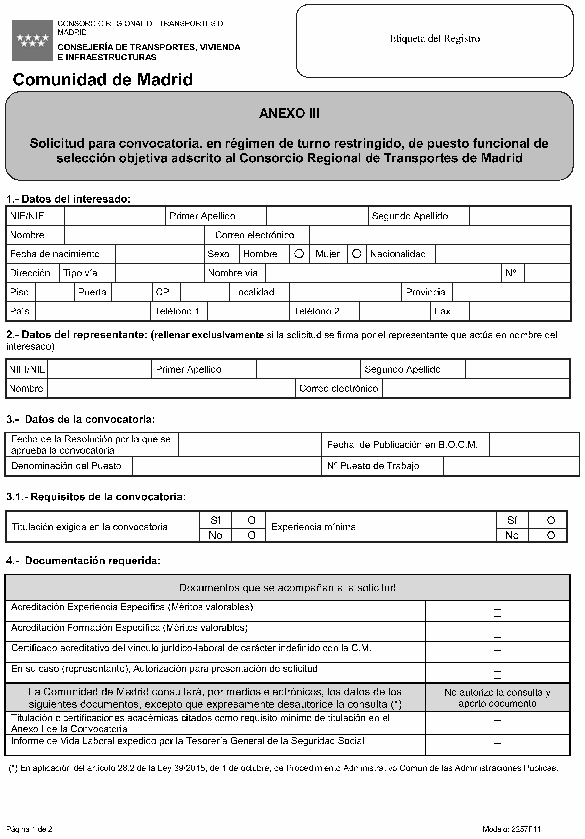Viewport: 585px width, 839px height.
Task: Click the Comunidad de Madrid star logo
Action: coord(32,40)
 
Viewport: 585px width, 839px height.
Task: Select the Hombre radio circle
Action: coord(299,254)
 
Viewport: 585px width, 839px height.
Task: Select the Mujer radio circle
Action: coord(357,254)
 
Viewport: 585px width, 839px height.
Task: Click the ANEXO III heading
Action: coord(289,114)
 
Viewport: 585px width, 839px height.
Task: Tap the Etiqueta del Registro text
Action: coord(434,38)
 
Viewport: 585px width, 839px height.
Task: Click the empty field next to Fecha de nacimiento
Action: coord(159,254)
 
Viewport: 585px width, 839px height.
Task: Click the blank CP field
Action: coord(205,292)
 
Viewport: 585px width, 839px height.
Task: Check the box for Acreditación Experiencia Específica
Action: coord(497,613)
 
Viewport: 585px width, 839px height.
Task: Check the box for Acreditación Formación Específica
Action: coord(497,633)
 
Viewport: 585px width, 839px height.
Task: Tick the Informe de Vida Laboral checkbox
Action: coord(497,747)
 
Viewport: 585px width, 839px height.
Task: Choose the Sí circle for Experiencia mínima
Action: coord(551,520)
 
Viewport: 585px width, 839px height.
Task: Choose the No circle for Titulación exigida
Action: coord(251,535)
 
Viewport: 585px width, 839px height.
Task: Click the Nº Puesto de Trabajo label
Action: coord(373,465)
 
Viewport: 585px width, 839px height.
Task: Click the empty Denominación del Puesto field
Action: coord(226,465)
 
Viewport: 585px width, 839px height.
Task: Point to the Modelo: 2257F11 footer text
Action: coord(511,829)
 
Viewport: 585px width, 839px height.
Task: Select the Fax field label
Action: coord(442,311)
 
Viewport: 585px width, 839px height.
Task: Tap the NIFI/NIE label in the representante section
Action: coord(27,369)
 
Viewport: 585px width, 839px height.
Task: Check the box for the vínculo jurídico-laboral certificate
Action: coord(497,654)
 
